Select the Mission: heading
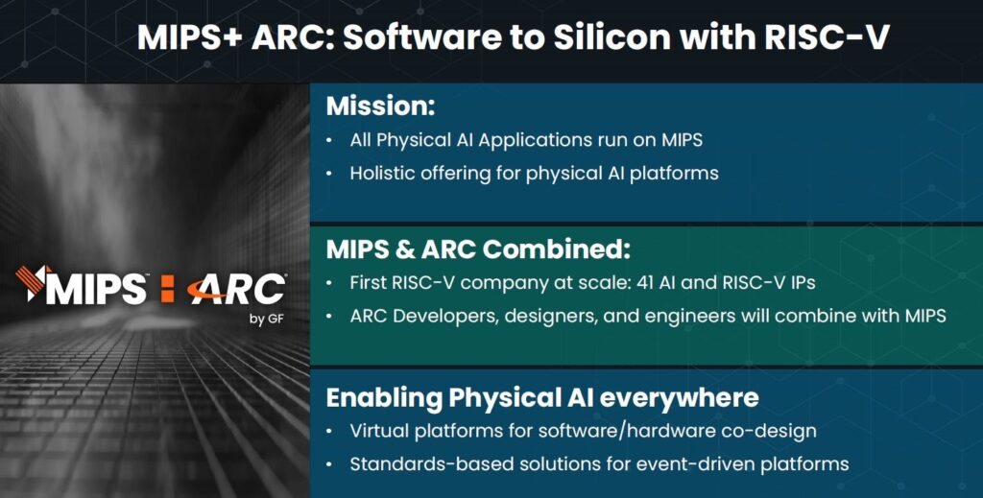coord(380,107)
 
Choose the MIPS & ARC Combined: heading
coord(478,249)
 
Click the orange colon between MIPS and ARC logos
coord(167,290)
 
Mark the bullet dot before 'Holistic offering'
coord(330,174)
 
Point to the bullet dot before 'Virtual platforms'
coord(330,432)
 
